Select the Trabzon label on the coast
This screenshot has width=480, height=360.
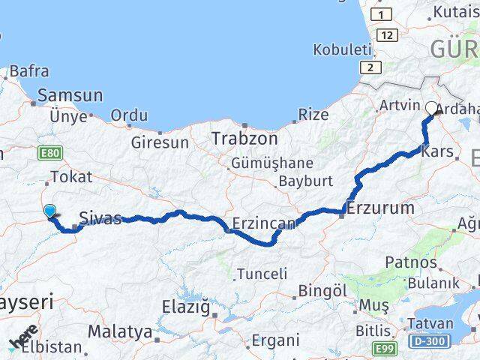click(x=244, y=139)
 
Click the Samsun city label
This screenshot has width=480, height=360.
click(x=70, y=95)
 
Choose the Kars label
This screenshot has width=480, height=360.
click(x=438, y=151)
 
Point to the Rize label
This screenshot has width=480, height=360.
click(x=313, y=115)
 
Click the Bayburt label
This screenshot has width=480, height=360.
click(x=305, y=181)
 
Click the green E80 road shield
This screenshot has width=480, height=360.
click(x=49, y=152)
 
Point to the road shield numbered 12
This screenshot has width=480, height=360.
click(x=387, y=35)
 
